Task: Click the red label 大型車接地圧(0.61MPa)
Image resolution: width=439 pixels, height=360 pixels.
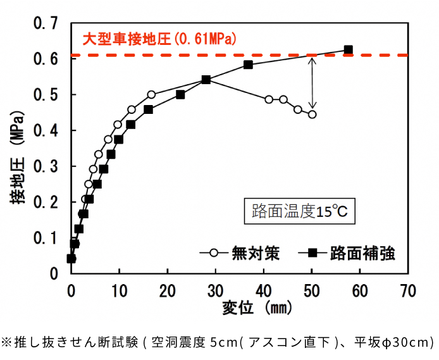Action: [x=159, y=40]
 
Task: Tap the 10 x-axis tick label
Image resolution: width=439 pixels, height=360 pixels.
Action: [x=119, y=290]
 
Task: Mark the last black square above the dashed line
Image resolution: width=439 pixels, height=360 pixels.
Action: [x=348, y=50]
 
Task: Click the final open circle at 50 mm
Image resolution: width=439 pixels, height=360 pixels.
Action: [x=312, y=115]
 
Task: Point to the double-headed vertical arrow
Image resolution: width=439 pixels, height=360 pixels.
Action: [x=312, y=82]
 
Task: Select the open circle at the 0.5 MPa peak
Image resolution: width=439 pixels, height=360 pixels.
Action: [x=151, y=94]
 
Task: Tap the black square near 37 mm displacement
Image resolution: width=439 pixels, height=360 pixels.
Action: [x=248, y=65]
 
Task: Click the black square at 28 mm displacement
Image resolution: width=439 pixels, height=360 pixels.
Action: [x=206, y=80]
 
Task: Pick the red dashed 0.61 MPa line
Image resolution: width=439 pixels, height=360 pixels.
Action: [x=266, y=55]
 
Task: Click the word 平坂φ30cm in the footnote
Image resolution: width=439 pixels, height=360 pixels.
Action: [x=399, y=342]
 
